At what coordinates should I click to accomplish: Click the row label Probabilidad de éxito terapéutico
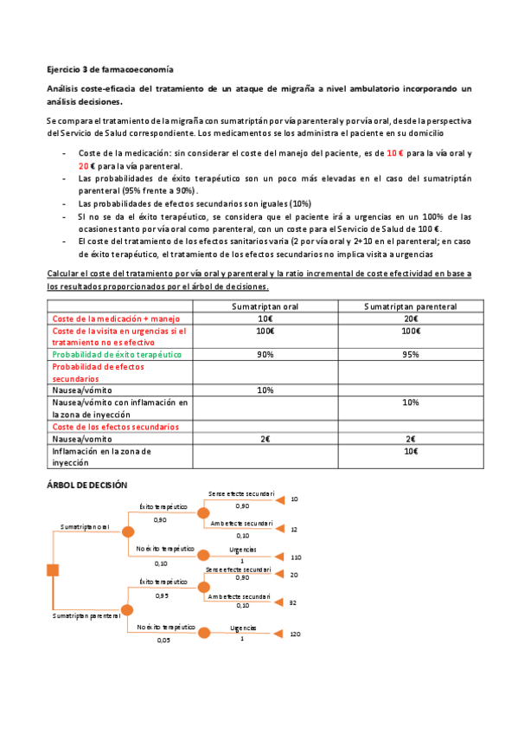coord(117,354)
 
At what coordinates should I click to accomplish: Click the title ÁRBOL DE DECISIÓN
coord(86,485)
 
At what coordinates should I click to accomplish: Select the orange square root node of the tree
coord(53,569)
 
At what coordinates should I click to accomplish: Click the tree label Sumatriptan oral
coord(85,525)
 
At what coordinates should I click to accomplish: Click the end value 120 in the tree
coord(295,634)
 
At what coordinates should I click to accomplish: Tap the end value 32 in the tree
coord(293,602)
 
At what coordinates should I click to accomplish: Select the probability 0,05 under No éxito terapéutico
coord(163,641)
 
